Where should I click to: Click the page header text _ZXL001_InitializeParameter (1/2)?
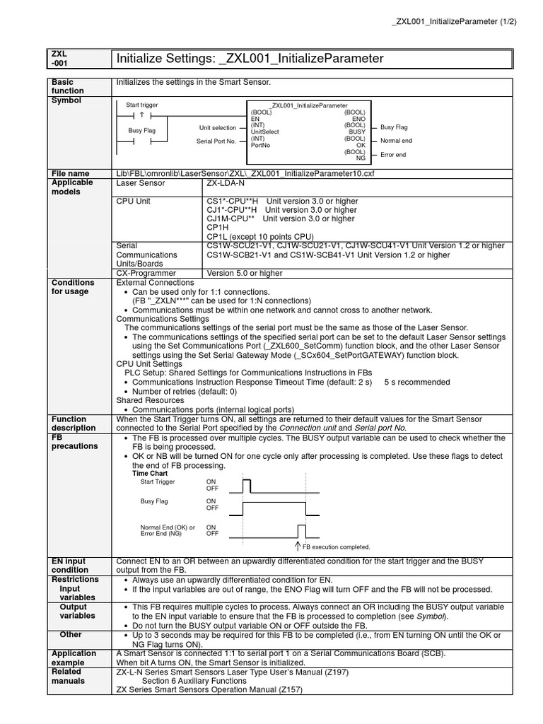click(x=454, y=21)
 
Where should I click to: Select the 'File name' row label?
click(x=71, y=173)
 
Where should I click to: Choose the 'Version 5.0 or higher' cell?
click(x=244, y=273)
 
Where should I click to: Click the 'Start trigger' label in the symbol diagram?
click(x=142, y=105)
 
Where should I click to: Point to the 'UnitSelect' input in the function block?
click(x=265, y=132)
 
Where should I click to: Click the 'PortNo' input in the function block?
click(x=260, y=145)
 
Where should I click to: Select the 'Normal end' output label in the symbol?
click(x=396, y=141)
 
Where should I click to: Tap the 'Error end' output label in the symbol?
click(x=393, y=153)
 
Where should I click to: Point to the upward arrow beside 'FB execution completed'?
click(x=298, y=546)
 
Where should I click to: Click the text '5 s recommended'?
click(x=417, y=382)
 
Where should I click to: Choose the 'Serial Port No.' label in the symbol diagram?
click(x=216, y=141)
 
